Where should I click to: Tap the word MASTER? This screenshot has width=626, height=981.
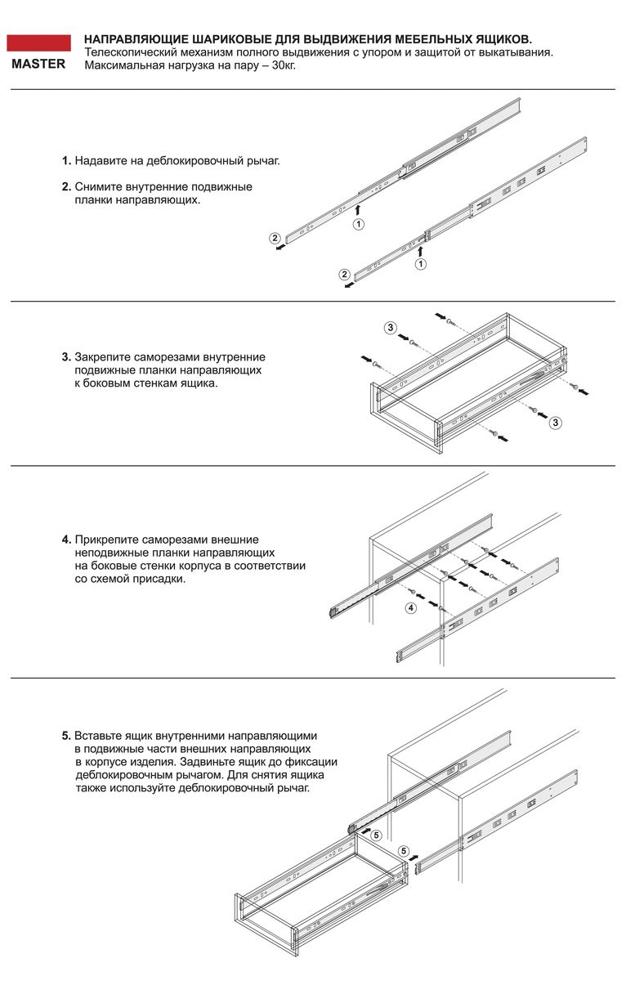38,65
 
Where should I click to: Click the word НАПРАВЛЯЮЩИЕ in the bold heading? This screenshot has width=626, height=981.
132,39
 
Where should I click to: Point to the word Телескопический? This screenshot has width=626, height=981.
130,52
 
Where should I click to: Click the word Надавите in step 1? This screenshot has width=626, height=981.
99,160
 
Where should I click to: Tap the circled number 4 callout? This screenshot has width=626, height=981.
410,608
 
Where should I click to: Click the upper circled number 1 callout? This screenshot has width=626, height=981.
358,223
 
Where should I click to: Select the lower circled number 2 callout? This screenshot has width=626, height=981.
344,274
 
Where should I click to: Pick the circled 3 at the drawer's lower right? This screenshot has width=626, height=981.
556,423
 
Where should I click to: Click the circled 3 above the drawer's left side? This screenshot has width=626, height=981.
391,328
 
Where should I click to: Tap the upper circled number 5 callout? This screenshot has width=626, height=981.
376,835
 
